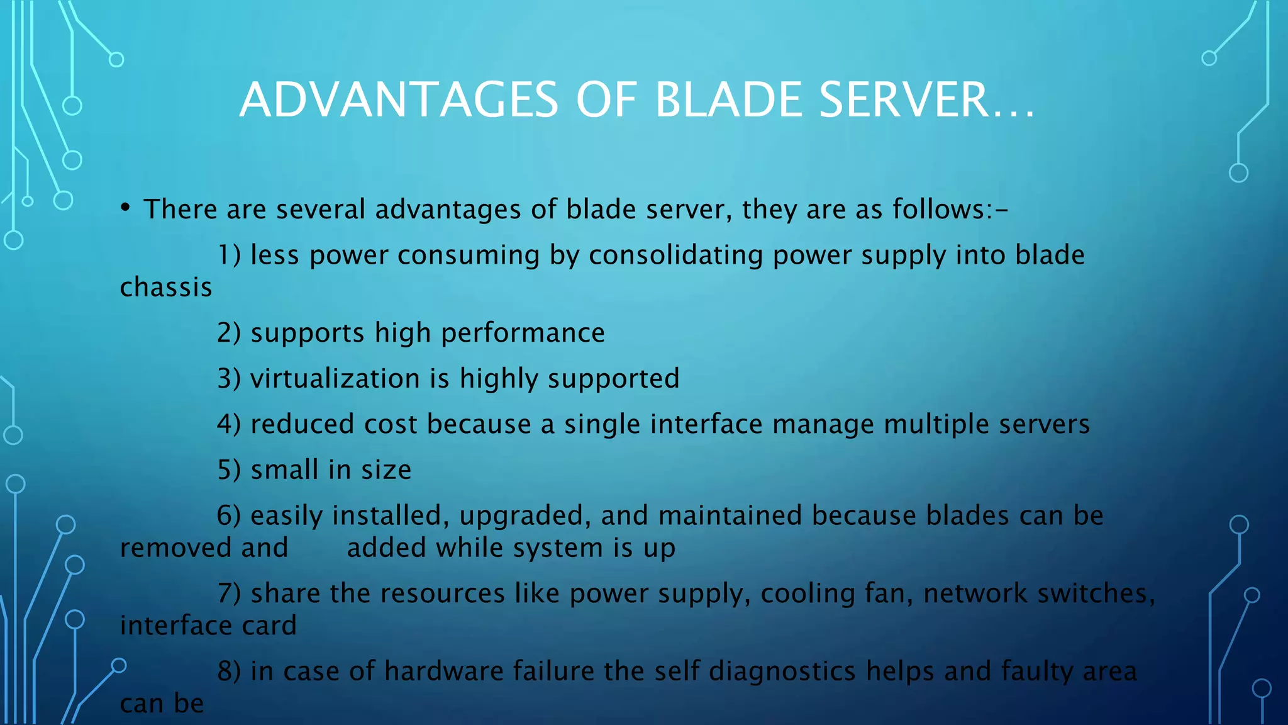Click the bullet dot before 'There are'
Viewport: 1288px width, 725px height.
click(x=125, y=207)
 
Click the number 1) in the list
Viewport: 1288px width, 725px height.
click(x=230, y=256)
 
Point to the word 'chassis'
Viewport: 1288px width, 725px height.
click(x=166, y=288)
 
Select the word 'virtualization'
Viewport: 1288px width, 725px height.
click(x=335, y=379)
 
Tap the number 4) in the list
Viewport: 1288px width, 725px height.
click(x=230, y=425)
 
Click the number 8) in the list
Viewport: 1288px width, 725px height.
click(x=230, y=672)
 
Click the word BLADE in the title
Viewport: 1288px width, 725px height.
click(x=729, y=100)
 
